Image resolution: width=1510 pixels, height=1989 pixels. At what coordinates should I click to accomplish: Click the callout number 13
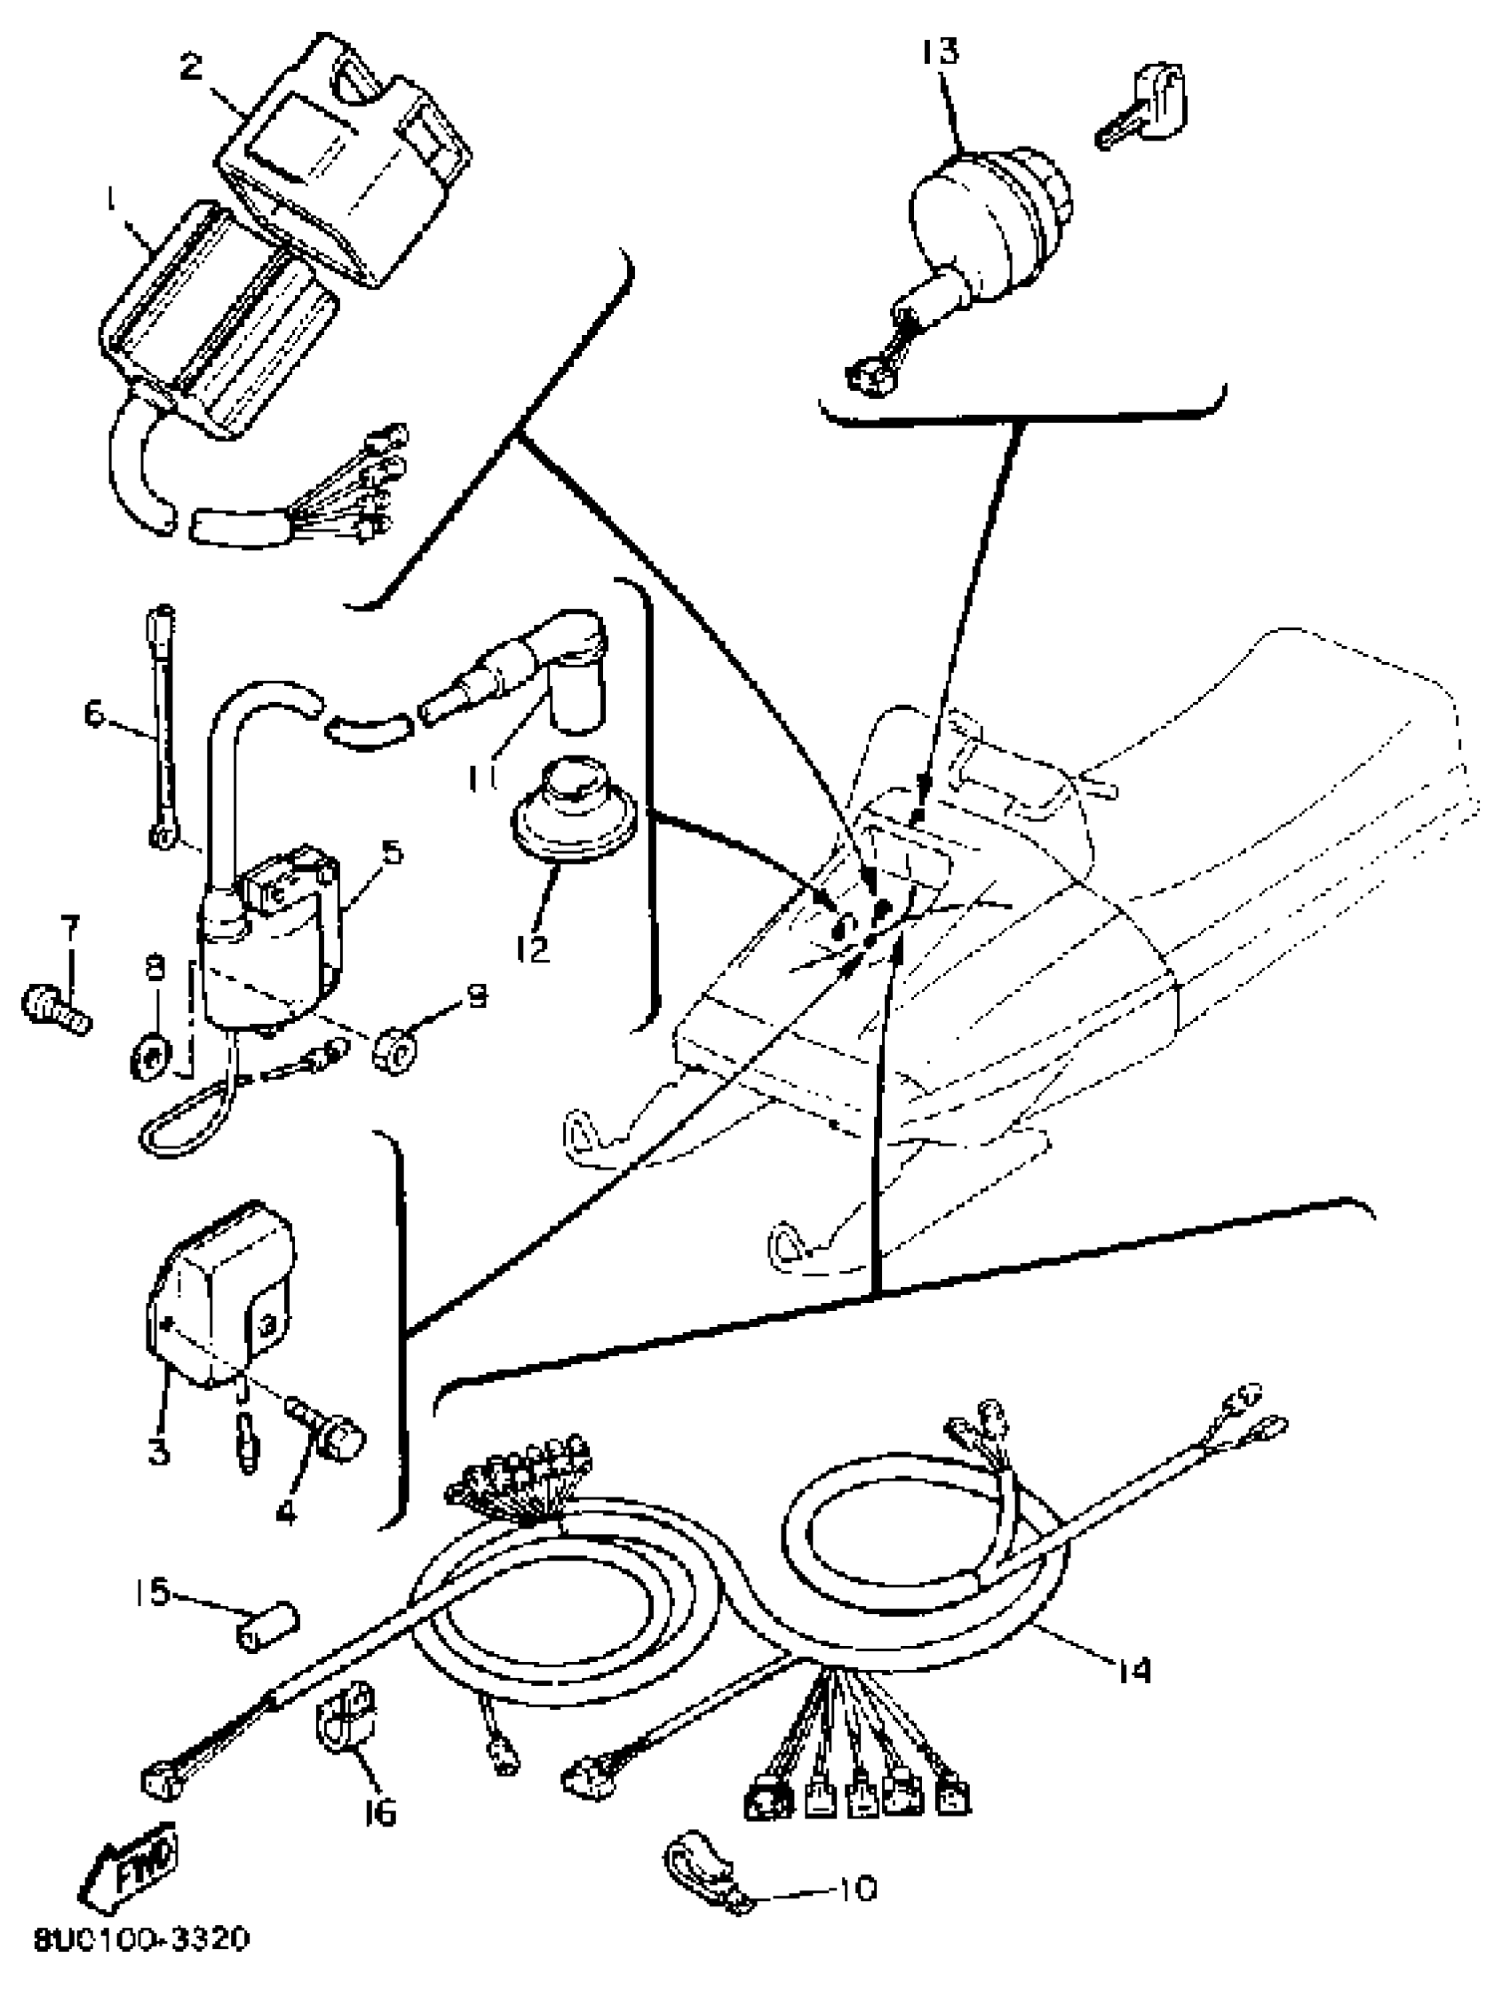point(940,52)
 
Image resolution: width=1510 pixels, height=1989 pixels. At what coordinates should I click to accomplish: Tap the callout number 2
point(192,68)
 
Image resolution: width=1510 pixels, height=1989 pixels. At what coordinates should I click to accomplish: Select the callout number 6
point(93,715)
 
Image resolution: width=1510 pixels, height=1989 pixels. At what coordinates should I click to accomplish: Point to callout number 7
point(69,926)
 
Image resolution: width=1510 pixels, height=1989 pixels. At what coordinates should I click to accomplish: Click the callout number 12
point(533,948)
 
